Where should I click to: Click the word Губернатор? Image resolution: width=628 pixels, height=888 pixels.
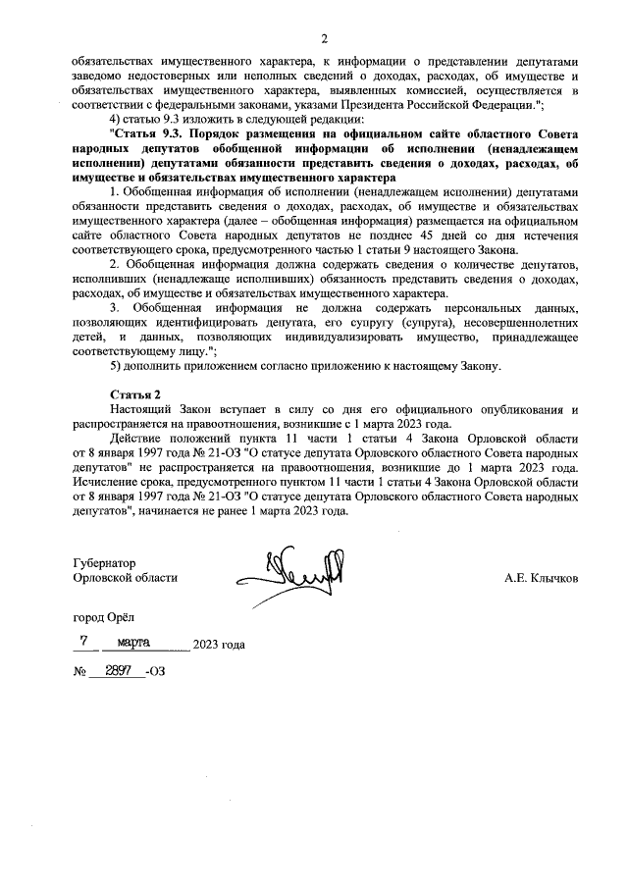[x=105, y=564]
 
